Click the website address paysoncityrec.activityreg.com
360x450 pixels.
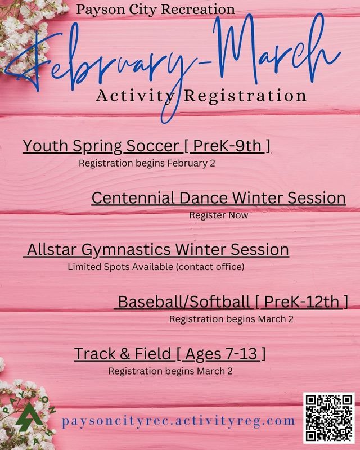(x=179, y=421)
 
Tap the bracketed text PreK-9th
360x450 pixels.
(x=228, y=146)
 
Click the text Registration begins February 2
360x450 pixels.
(x=147, y=164)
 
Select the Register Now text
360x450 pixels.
(x=219, y=215)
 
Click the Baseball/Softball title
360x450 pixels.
(x=184, y=302)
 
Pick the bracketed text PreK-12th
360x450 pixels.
(x=302, y=302)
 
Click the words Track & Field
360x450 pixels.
(x=123, y=354)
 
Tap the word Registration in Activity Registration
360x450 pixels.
(x=250, y=96)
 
